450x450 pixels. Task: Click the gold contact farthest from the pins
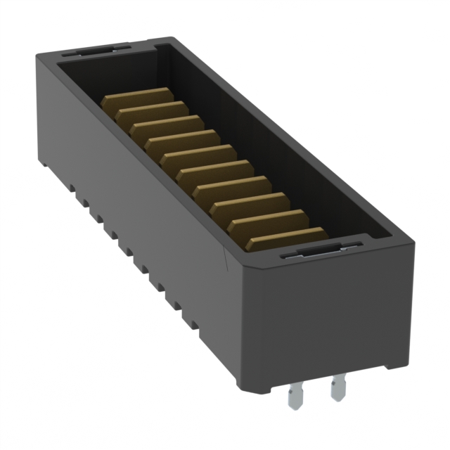pyautogui.click(x=138, y=98)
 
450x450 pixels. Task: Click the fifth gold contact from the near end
pyautogui.click(x=213, y=170)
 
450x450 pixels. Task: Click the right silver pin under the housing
pyautogui.click(x=340, y=388)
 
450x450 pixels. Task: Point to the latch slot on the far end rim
pyautogui.click(x=95, y=49)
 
